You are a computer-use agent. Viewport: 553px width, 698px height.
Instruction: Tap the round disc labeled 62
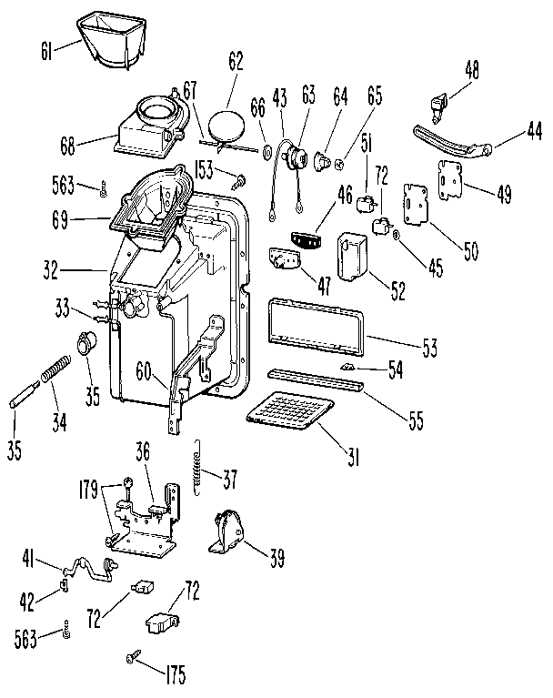pos(224,123)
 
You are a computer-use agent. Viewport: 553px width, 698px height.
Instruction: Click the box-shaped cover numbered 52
pos(353,256)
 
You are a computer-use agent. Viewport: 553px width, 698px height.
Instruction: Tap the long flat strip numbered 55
pos(314,379)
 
